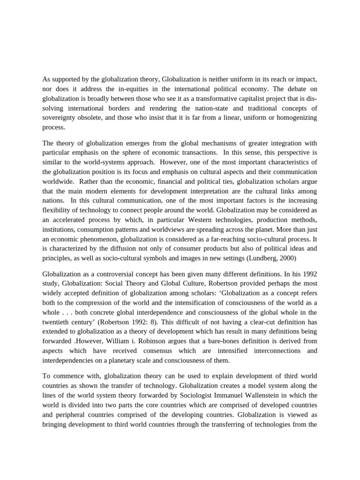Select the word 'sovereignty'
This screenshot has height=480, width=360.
tap(60, 118)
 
